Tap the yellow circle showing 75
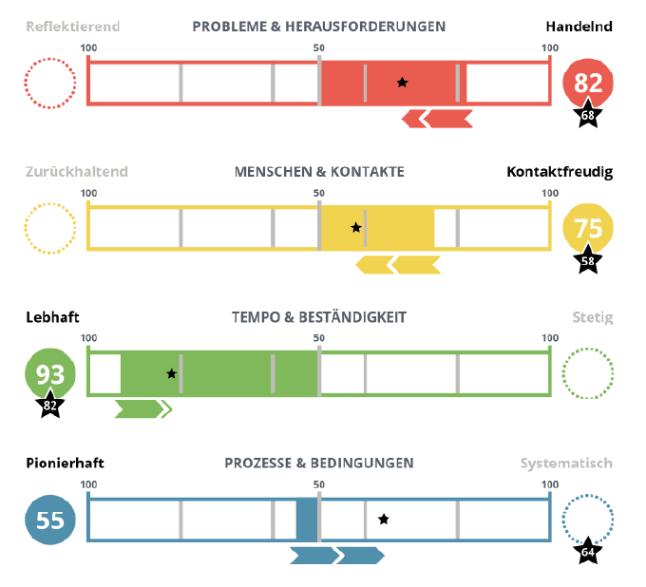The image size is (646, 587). coord(587,228)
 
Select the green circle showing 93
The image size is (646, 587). coord(49,373)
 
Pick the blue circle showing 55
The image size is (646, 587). coord(49,520)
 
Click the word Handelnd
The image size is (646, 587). coord(579,27)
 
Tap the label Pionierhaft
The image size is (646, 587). coord(65,464)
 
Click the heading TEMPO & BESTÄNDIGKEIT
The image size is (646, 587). coord(319,317)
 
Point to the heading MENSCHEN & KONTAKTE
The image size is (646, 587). coord(319,172)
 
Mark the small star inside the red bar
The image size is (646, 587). coord(403,83)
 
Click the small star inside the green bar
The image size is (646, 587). coord(172,374)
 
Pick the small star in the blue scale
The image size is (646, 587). coord(384,520)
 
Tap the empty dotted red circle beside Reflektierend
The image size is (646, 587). coord(49,83)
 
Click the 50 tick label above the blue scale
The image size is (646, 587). coord(319,484)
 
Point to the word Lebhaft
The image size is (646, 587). coord(52,317)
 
